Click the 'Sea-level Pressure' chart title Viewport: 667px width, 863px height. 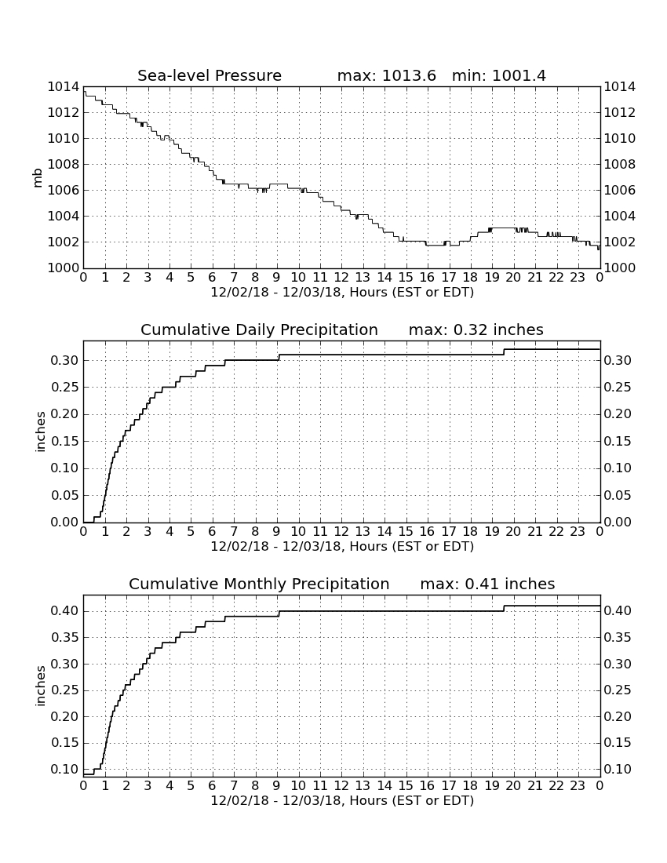[210, 75]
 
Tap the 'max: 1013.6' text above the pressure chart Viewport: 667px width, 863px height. [386, 75]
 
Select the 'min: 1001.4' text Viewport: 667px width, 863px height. [498, 75]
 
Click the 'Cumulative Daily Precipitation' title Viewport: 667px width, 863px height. [259, 330]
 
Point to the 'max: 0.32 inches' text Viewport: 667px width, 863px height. [476, 330]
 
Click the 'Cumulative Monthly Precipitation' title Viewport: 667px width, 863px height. [259, 584]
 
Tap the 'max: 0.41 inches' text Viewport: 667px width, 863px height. [487, 584]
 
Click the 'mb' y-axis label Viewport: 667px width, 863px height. [38, 177]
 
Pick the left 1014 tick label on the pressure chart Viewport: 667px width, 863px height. [64, 87]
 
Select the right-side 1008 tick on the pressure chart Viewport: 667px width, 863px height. [620, 165]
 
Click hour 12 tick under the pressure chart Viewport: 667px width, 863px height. [341, 278]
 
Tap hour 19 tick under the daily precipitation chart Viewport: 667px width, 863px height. [492, 532]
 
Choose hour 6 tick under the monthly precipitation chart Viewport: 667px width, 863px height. [213, 785]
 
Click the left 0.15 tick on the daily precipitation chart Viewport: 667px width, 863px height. [65, 442]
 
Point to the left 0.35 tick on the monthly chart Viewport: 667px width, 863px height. [65, 638]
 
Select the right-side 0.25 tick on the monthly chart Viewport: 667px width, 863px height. [618, 690]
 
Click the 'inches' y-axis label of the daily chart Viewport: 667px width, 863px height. [40, 432]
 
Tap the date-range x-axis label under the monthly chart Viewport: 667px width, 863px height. [342, 800]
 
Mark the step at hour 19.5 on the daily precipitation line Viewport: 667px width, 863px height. [504, 352]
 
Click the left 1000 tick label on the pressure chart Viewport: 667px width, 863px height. [64, 268]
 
